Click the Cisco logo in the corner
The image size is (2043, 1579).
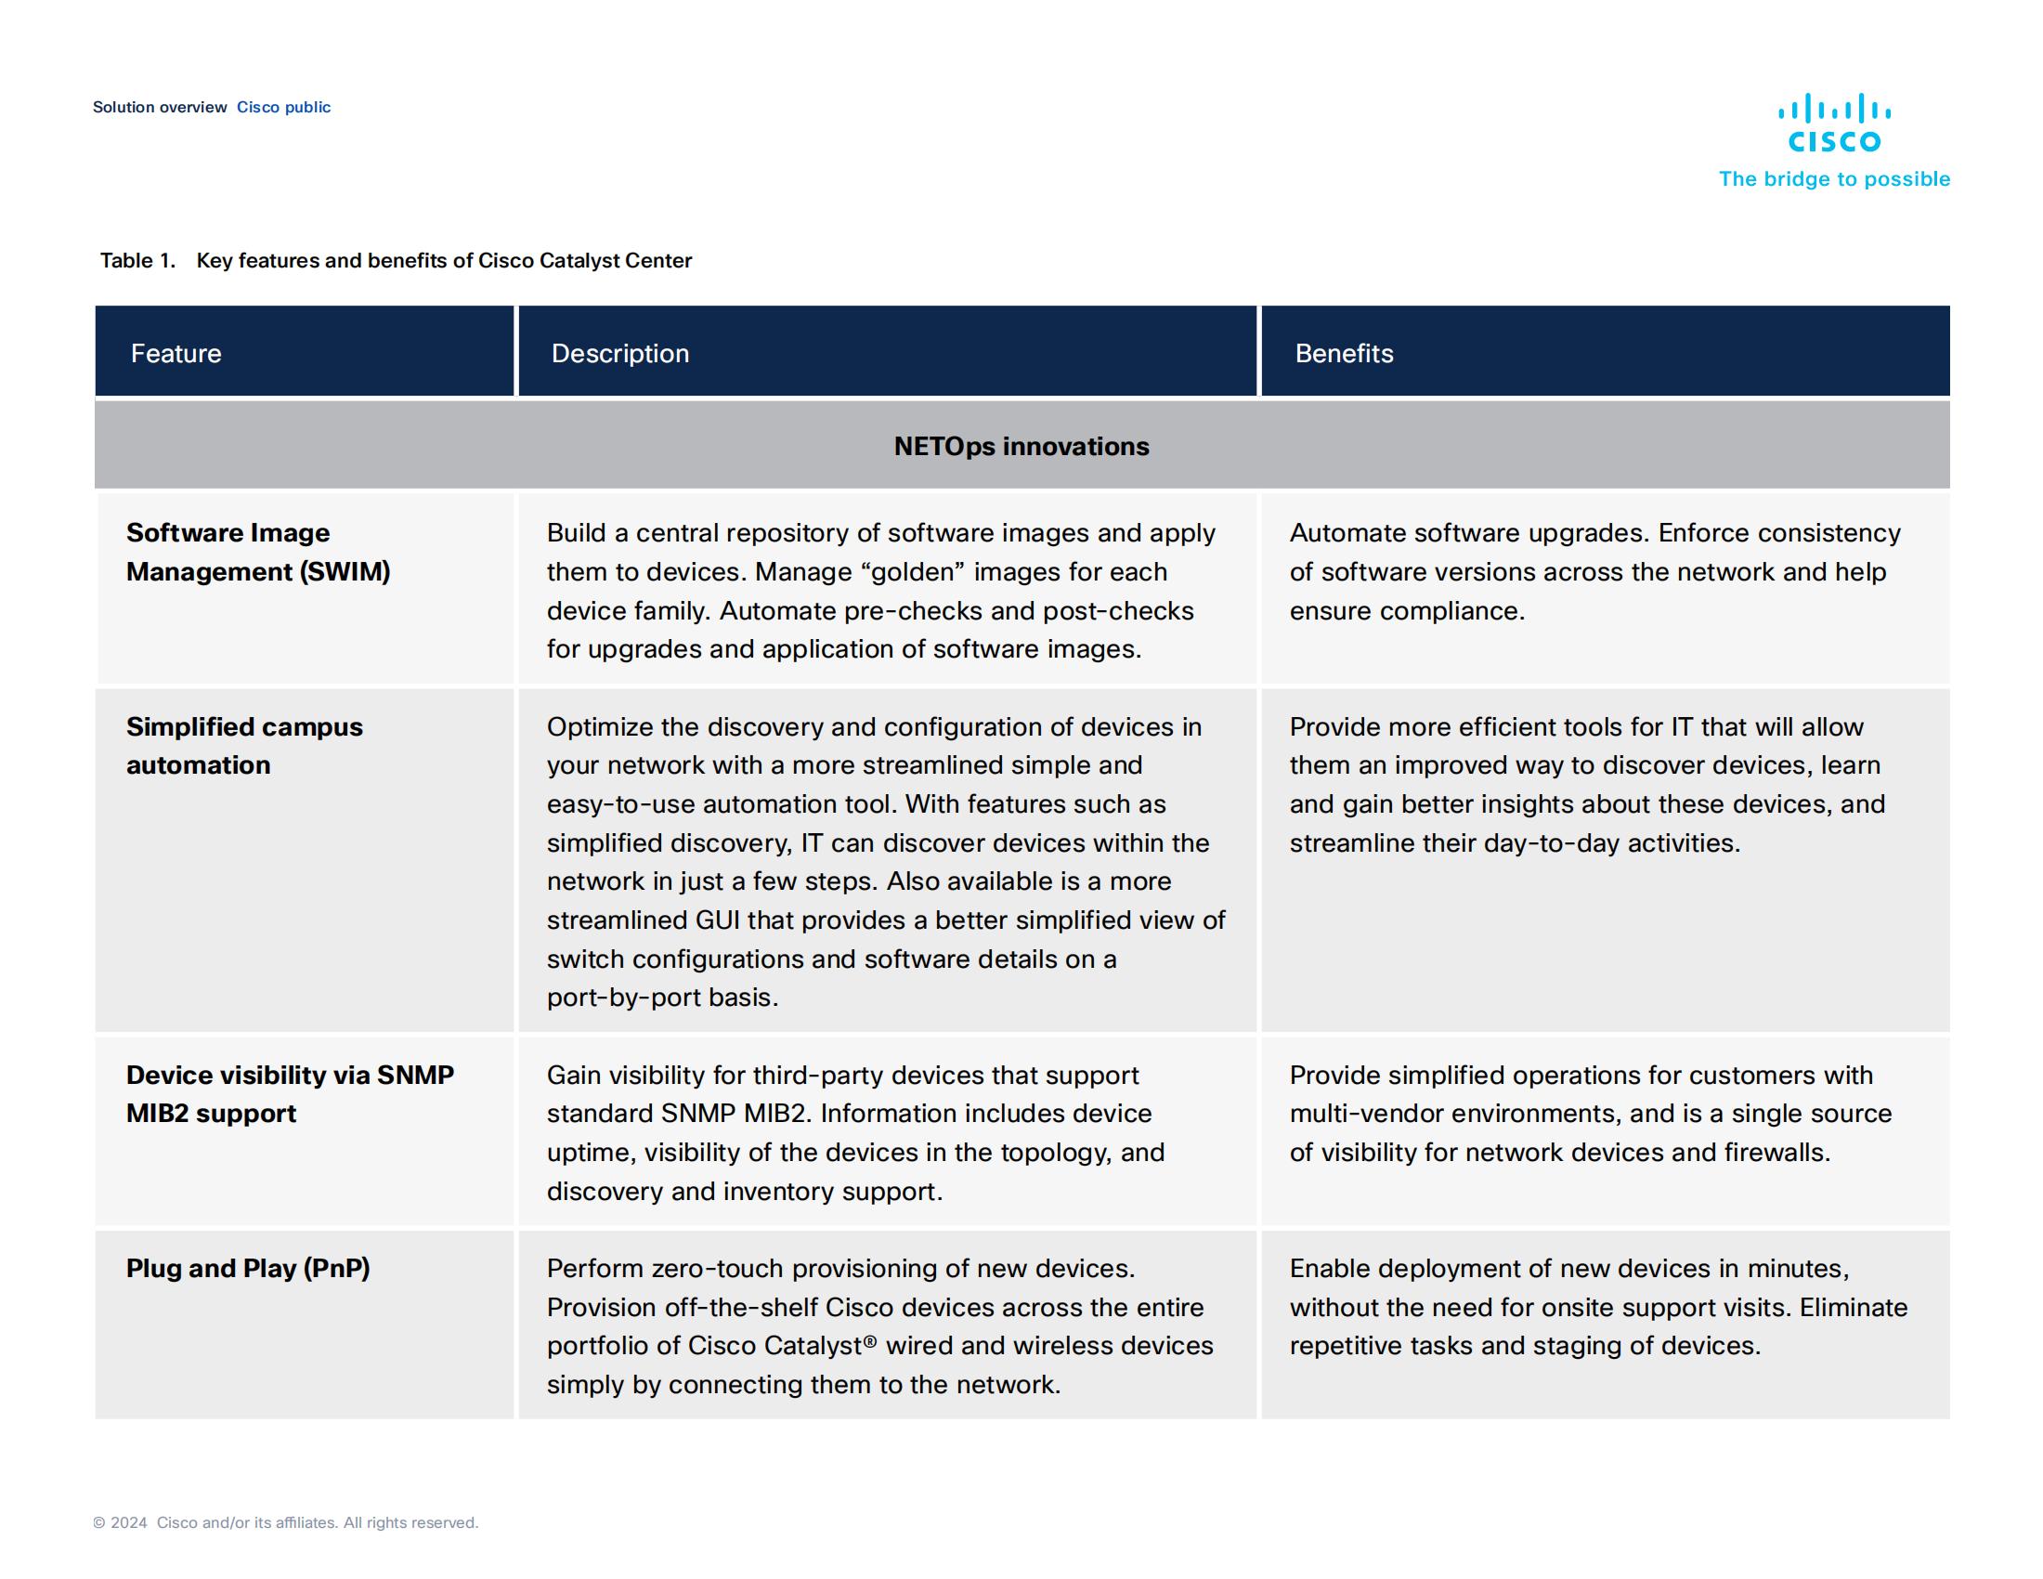1833,124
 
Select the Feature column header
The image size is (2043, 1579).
176,354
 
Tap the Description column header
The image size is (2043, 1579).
619,354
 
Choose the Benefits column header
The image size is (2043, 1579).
1344,354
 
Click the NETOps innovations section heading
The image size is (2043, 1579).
1021,446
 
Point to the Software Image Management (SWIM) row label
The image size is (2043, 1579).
257,552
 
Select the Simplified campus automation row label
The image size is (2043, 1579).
244,746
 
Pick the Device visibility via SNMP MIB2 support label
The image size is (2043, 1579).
289,1093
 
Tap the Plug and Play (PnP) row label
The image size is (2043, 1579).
248,1269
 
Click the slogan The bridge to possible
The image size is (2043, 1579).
1833,178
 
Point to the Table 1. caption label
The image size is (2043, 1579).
137,261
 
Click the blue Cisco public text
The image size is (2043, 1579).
283,108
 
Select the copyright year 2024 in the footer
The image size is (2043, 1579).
129,1522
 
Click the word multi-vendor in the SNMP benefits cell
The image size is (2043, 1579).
1362,1113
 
